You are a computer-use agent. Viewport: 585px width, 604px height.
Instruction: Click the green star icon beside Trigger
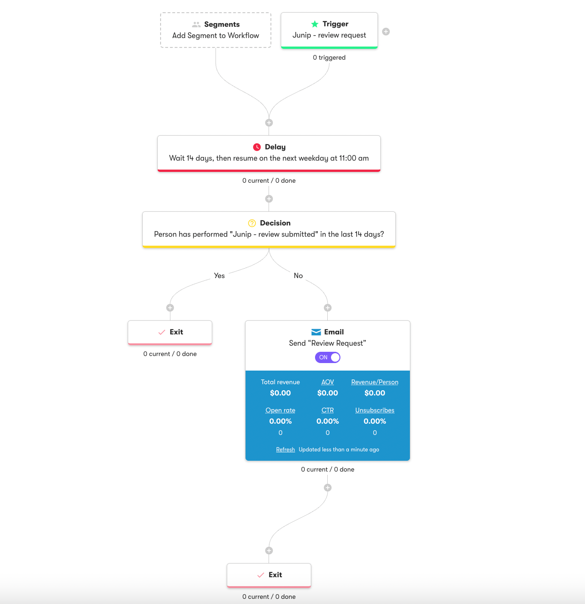pos(315,24)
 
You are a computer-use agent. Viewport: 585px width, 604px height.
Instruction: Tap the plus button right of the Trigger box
pos(386,31)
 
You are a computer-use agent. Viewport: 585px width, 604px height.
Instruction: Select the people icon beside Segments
pos(196,24)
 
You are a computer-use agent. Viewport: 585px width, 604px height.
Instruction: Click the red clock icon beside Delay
pos(257,147)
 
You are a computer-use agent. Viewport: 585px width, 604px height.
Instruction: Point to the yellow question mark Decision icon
pos(252,223)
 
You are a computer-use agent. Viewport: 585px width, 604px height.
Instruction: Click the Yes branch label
pos(219,276)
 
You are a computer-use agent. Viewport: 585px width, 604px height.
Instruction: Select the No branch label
pos(298,276)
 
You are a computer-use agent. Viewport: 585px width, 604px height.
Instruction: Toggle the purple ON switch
pos(327,357)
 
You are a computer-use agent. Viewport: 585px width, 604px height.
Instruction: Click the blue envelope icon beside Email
pos(316,332)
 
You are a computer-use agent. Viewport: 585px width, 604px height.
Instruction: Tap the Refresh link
pos(285,449)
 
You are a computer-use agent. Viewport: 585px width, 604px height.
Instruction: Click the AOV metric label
pos(328,382)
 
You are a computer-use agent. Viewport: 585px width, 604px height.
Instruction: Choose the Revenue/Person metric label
pos(375,382)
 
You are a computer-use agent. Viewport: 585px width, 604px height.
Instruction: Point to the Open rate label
pos(280,410)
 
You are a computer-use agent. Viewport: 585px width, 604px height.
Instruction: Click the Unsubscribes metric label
pos(375,410)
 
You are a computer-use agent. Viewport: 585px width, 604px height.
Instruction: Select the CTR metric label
pos(328,410)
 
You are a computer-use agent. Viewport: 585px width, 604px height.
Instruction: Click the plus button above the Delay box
pos(269,123)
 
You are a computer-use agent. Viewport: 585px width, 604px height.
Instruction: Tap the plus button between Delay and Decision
pos(269,199)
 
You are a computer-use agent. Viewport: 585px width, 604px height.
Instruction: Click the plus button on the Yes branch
pos(170,308)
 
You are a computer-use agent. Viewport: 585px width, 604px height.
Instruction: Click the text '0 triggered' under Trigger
pos(329,58)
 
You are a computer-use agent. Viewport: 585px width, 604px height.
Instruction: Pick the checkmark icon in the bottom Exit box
pos(261,575)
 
